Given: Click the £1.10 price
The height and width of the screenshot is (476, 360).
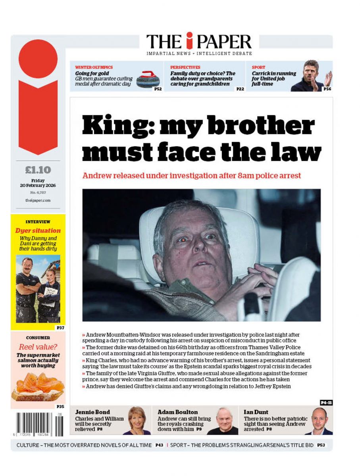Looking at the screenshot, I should (x=38, y=170).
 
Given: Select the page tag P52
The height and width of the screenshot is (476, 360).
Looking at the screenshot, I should (x=158, y=89).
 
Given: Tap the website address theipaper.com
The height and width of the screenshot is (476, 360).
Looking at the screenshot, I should (x=38, y=201).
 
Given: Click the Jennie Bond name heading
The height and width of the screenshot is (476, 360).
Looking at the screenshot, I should (x=92, y=412).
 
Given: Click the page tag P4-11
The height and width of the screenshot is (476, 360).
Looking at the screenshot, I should (x=326, y=402).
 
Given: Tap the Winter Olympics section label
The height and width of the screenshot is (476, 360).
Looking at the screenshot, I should (x=94, y=67).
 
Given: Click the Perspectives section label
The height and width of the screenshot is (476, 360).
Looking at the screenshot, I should (x=185, y=67).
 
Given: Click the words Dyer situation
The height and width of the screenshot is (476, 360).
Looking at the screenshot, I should (x=38, y=230).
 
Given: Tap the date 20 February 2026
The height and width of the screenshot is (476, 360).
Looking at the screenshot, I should (x=38, y=185).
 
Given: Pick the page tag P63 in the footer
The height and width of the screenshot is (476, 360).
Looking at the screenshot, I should (x=321, y=445).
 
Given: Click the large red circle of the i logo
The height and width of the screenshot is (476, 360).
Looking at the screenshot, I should (x=38, y=59).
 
